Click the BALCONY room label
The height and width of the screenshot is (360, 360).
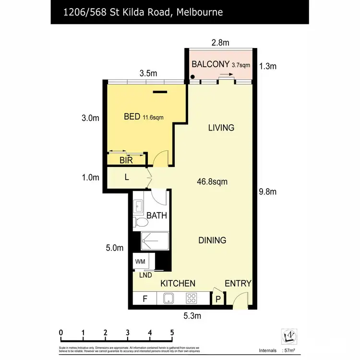click(x=210, y=64)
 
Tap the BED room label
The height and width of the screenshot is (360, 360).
click(x=132, y=116)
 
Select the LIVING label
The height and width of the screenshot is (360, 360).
click(x=221, y=128)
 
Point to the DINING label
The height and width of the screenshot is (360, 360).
click(x=212, y=240)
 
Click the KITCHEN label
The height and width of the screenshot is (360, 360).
click(x=178, y=283)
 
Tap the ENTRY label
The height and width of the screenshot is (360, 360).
click(x=238, y=283)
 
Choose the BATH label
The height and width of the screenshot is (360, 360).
click(x=156, y=216)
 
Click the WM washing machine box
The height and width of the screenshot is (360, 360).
click(x=140, y=262)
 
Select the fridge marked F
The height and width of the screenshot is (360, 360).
click(x=145, y=299)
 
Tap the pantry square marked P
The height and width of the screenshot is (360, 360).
click(x=217, y=299)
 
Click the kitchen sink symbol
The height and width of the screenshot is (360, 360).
click(x=169, y=299)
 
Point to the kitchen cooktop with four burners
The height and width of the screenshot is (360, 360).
click(x=192, y=299)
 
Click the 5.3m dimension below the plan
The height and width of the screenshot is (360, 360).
click(x=192, y=316)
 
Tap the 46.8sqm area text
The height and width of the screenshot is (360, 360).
click(x=212, y=182)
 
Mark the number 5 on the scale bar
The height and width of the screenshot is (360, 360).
click(x=172, y=333)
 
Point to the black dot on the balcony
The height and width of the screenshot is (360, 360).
click(x=192, y=77)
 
